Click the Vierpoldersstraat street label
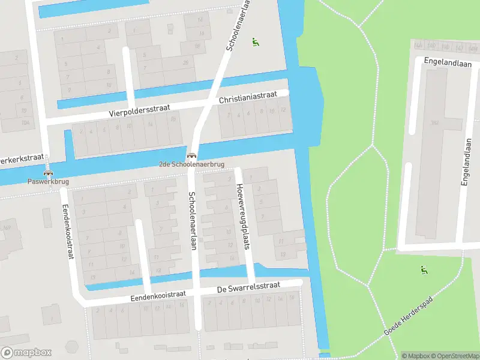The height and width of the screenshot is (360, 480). [x=140, y=110]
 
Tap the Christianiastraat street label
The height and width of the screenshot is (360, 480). [x=247, y=97]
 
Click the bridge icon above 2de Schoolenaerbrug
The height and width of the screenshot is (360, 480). [x=191, y=155]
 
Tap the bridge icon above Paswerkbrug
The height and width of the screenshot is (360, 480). [x=48, y=173]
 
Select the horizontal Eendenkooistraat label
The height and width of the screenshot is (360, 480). [x=156, y=296]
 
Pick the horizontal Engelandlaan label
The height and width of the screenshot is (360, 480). [x=447, y=62]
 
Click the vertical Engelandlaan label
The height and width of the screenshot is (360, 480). [x=465, y=162]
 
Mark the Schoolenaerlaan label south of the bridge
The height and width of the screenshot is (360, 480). [x=193, y=217]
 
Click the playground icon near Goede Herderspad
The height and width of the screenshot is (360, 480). [x=424, y=270]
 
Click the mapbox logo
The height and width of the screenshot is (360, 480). [x=26, y=353]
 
